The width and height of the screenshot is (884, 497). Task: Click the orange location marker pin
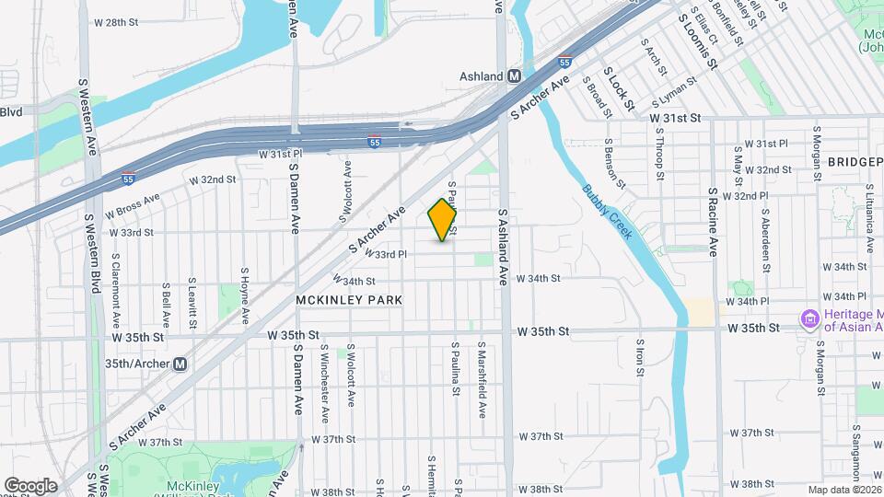point(442,219)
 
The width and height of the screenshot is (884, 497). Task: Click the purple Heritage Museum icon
point(811,320)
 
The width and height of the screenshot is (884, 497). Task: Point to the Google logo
point(30,485)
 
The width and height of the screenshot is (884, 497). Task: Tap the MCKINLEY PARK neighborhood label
point(349,300)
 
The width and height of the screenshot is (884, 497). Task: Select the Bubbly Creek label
point(608,213)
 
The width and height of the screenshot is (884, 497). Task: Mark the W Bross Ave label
point(134,202)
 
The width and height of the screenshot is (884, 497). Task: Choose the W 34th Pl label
point(748,302)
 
